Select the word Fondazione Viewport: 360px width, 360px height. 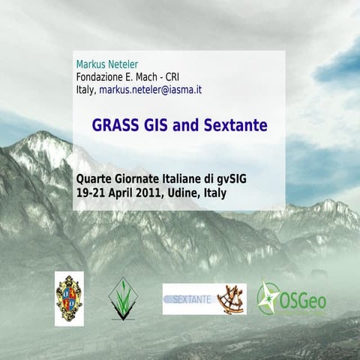[x=102, y=76]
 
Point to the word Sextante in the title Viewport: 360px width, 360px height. [x=235, y=124]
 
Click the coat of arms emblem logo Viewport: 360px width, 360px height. [x=69, y=298]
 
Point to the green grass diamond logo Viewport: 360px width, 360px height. [x=121, y=298]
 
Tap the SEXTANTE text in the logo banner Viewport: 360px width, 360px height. [x=189, y=298]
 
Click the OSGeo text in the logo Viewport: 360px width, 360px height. [x=304, y=301]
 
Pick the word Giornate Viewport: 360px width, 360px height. [x=140, y=179]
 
